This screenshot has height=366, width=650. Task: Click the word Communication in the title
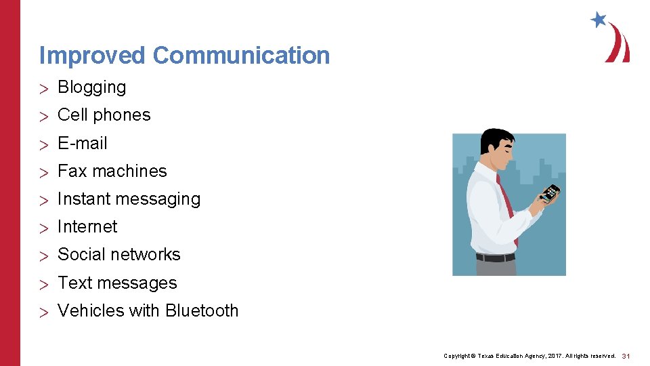pos(241,56)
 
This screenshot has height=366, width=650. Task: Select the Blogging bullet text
pos(91,87)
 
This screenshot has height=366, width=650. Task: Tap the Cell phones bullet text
pos(104,115)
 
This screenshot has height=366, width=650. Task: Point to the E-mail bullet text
pos(83,144)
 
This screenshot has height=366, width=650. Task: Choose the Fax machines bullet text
pos(112,171)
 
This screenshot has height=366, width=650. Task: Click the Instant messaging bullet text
pos(129,199)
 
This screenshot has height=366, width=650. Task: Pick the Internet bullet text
pos(87,227)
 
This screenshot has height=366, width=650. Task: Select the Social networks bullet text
pos(118,255)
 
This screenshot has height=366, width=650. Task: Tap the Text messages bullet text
pos(117,283)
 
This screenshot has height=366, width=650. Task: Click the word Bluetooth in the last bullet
pos(202,311)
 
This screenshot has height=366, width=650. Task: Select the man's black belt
pos(495,258)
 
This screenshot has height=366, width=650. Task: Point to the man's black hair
pos(496,138)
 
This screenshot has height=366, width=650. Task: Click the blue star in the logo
pos(599,20)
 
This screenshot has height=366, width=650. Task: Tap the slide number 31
pos(626,356)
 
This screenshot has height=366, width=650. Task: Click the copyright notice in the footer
pos(529,356)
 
